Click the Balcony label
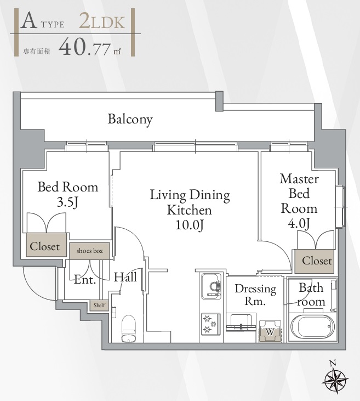point(130,119)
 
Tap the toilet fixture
point(128,329)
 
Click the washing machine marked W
point(270,331)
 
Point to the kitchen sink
point(212,286)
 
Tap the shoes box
point(90,251)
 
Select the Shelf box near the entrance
point(99,306)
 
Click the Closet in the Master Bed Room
point(315,261)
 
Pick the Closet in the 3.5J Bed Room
point(46,245)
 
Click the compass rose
point(335,379)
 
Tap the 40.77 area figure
point(84,47)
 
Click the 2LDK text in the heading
point(102,21)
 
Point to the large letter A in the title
point(28,21)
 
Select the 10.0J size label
point(190,225)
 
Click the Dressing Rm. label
point(255,295)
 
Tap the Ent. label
point(85,280)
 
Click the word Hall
point(125,277)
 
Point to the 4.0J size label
point(299,223)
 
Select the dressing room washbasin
point(241,321)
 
